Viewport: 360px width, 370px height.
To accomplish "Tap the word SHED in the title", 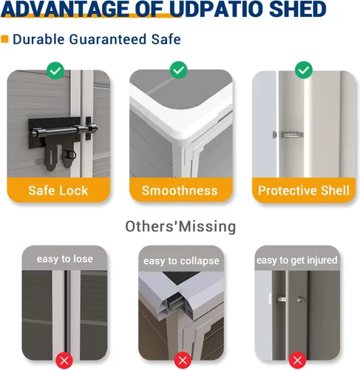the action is pyautogui.click(x=299, y=9).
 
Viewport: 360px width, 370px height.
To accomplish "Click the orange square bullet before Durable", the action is pyautogui.click(x=4, y=39).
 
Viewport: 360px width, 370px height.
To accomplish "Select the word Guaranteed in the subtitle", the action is pyautogui.click(x=108, y=39).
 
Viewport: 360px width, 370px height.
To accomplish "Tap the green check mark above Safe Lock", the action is pyautogui.click(x=55, y=70).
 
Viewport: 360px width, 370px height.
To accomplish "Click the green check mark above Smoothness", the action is pyautogui.click(x=179, y=70).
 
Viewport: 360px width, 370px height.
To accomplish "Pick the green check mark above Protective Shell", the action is pyautogui.click(x=304, y=70).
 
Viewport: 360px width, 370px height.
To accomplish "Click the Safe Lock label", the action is pyautogui.click(x=58, y=190).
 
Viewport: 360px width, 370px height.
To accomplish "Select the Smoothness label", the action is pyautogui.click(x=180, y=190).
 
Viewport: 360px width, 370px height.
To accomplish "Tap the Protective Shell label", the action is pyautogui.click(x=304, y=190).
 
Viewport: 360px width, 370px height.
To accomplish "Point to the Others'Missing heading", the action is pyautogui.click(x=180, y=226).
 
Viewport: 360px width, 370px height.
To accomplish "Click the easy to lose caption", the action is pyautogui.click(x=65, y=259).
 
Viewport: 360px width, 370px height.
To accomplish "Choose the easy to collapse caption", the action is pyautogui.click(x=181, y=261).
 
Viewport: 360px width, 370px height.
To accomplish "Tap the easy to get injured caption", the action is pyautogui.click(x=296, y=260).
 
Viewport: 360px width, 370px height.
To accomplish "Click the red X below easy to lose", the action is pyautogui.click(x=64, y=361).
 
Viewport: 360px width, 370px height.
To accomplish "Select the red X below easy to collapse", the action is pyautogui.click(x=183, y=360).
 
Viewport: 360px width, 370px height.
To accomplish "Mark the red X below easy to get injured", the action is pyautogui.click(x=297, y=360).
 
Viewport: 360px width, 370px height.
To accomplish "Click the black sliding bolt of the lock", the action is pyautogui.click(x=64, y=131).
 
